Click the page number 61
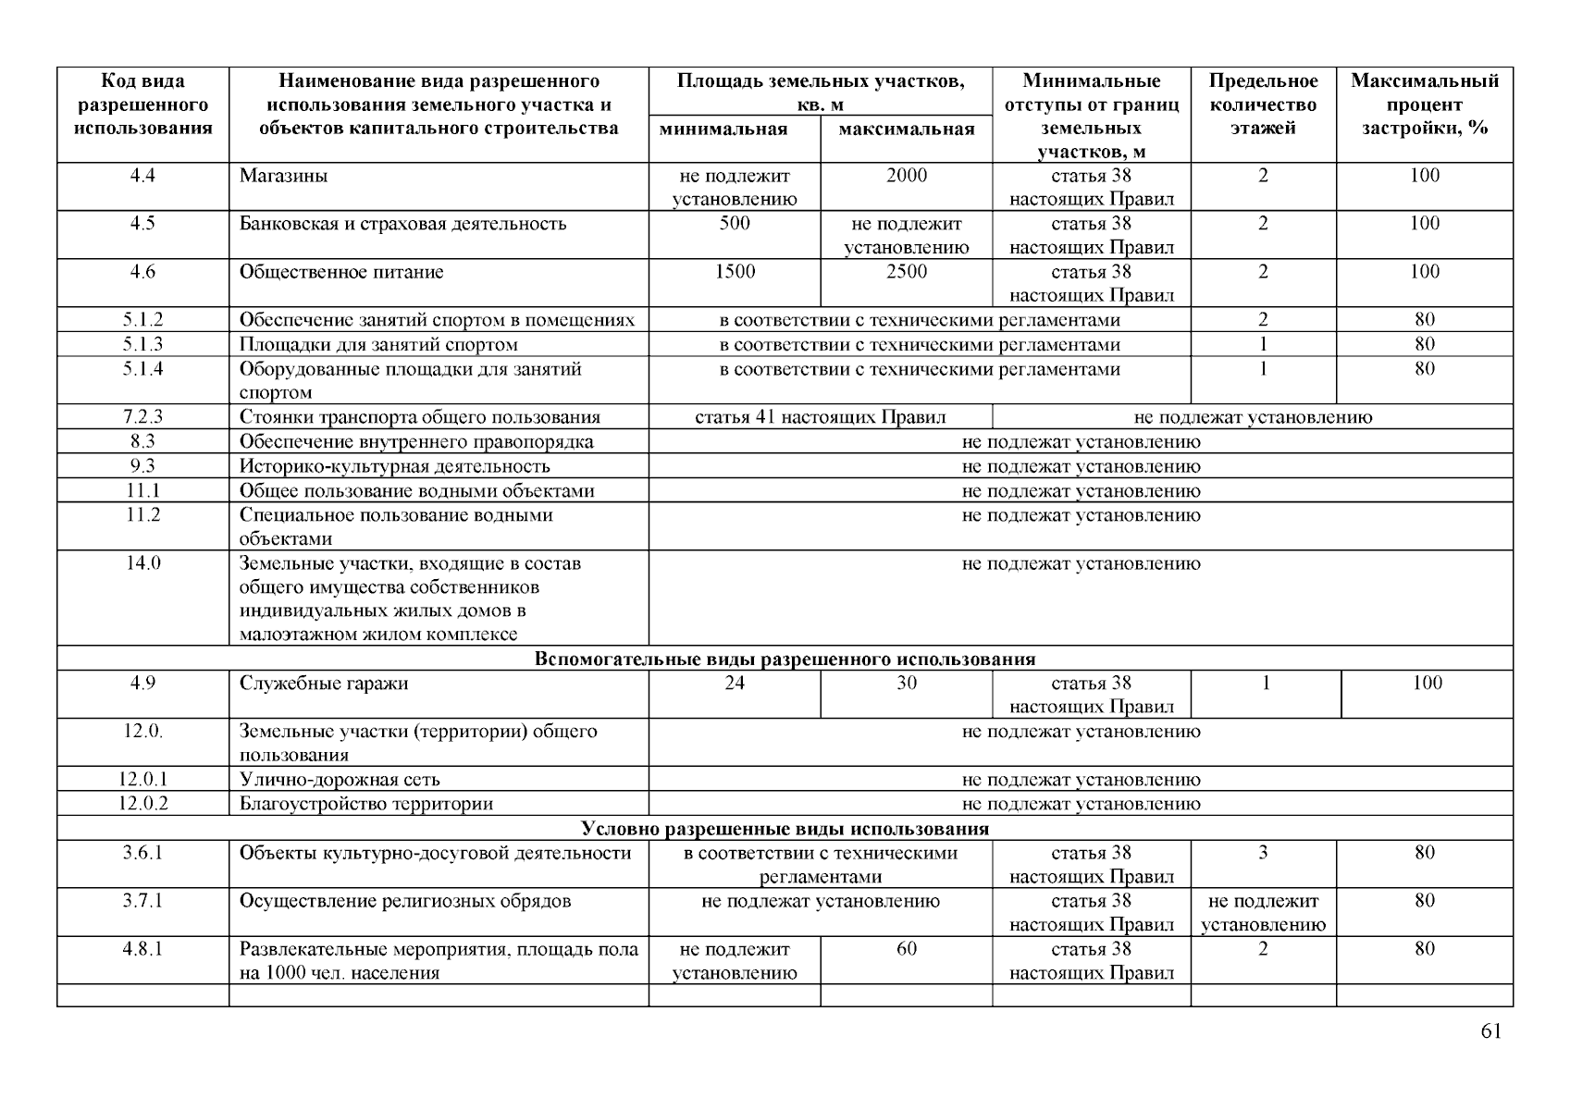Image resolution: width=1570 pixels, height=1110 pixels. pos(1490,1032)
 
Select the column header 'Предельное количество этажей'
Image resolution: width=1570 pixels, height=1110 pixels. pos(1263,105)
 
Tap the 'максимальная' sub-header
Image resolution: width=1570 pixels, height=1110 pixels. pos(906,129)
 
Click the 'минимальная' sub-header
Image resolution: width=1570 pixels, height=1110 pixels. pos(735,129)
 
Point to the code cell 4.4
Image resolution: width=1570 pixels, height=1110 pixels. pos(142,176)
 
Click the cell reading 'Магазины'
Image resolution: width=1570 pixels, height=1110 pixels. pos(283,176)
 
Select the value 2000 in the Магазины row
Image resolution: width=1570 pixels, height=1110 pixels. pos(906,176)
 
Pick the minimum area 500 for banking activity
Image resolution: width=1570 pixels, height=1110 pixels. pos(735,224)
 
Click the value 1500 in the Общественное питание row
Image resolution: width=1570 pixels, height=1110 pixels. pos(735,272)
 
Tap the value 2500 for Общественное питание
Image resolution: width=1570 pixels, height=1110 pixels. pos(906,272)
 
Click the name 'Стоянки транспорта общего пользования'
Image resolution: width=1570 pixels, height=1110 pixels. pos(419,417)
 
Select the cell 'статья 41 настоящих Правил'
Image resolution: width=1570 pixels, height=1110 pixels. pos(820,417)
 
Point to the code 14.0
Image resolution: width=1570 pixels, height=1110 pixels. pos(142,563)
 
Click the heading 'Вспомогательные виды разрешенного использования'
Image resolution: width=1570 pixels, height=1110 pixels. pos(785,660)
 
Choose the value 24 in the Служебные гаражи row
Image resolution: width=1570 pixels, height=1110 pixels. pos(735,684)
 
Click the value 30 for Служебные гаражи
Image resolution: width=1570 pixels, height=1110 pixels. pos(906,684)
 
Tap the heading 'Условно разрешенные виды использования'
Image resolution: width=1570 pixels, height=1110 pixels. pos(785,829)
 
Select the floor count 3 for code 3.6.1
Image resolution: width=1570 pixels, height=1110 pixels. pos(1263,853)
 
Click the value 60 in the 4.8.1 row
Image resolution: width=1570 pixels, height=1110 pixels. pos(906,949)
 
